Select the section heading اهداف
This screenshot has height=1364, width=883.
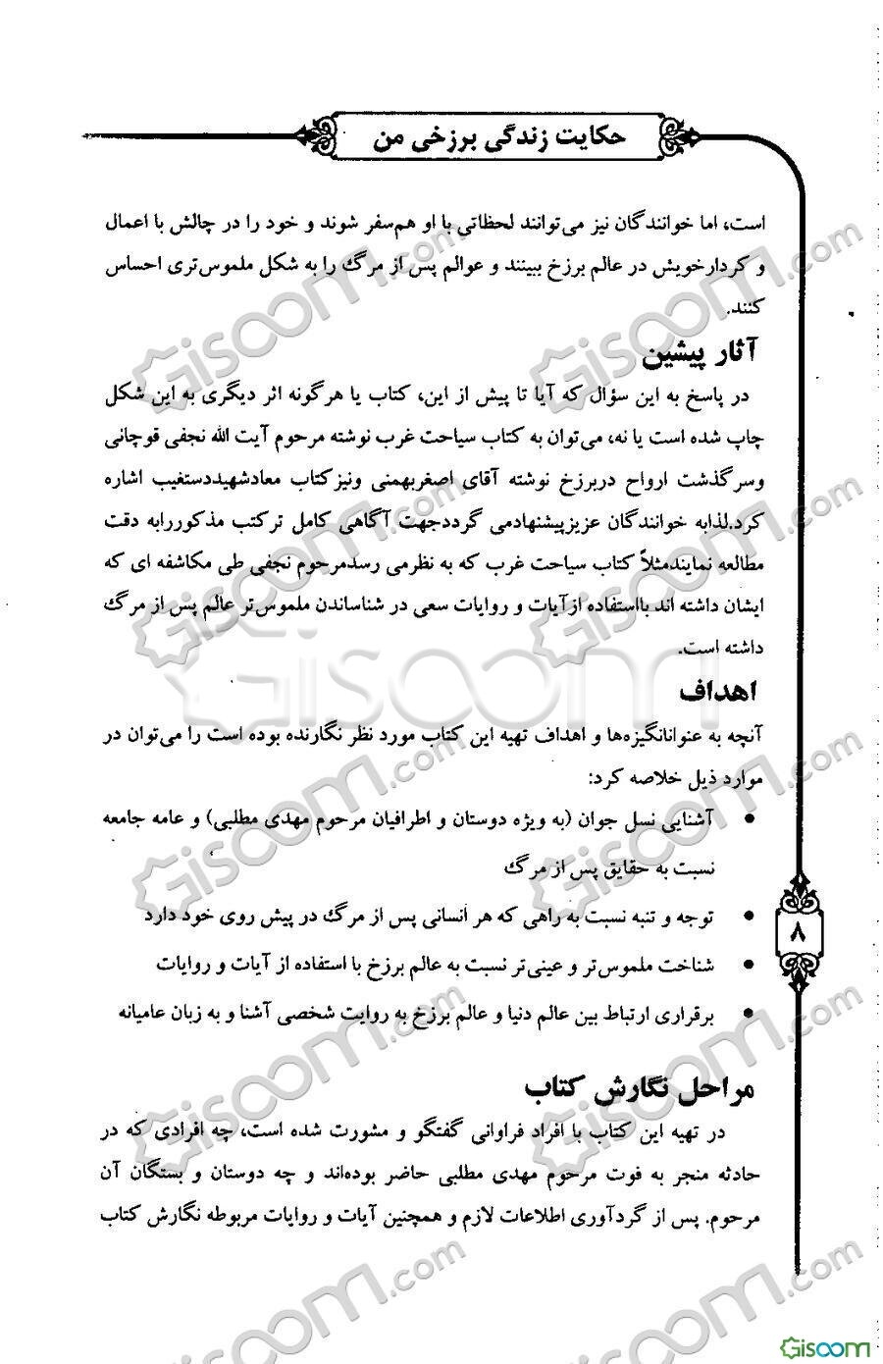click(x=720, y=691)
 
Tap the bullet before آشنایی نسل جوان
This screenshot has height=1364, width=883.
click(x=750, y=817)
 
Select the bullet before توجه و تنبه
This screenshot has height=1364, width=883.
click(x=750, y=917)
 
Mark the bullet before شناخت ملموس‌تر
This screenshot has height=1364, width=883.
click(x=750, y=966)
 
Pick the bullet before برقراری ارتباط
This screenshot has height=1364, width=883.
click(x=750, y=1013)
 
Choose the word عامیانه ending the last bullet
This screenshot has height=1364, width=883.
click(x=153, y=1012)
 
